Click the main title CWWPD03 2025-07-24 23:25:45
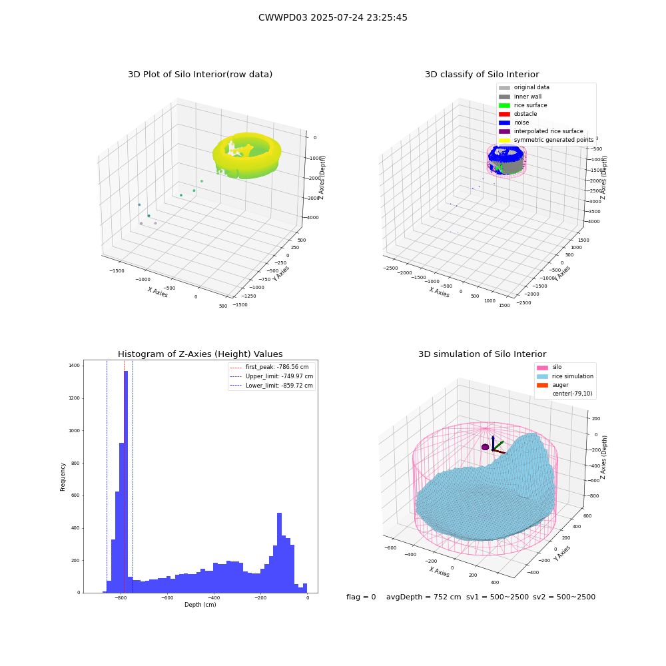click(332, 17)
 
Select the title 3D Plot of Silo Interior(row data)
click(200, 75)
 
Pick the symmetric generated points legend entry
click(546, 140)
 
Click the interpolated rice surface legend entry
click(541, 131)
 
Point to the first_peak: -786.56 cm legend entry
click(269, 367)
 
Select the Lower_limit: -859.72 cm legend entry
click(272, 386)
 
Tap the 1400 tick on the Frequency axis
click(74, 365)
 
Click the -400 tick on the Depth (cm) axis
click(214, 597)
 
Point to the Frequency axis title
click(63, 477)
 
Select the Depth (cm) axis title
click(200, 605)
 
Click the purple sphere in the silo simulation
click(485, 447)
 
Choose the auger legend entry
click(553, 385)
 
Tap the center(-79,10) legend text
click(572, 394)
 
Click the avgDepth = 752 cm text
click(424, 597)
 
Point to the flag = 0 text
click(361, 597)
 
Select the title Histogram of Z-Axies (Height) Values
click(200, 354)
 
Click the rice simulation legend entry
click(565, 376)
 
